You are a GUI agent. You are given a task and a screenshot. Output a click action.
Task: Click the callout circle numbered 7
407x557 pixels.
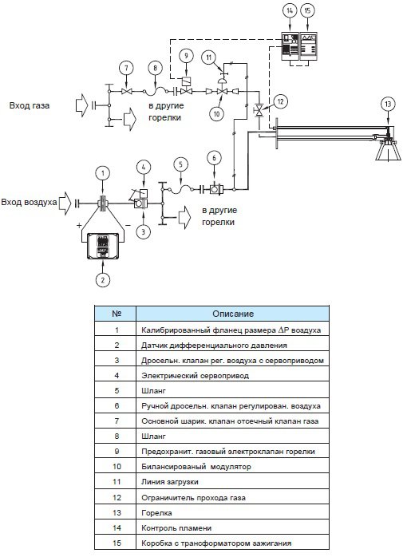126,68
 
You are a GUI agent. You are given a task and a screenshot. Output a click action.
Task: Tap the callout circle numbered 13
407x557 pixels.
388,104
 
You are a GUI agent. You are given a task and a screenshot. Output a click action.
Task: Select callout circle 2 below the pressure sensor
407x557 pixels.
103,279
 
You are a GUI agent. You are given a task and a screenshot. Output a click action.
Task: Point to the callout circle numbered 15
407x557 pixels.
307,10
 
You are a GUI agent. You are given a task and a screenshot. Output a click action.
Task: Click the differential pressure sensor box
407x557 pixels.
103,246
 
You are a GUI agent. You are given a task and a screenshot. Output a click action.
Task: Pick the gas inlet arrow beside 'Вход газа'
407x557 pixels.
81,105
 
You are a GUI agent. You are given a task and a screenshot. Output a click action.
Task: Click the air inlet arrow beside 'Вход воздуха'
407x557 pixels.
65,203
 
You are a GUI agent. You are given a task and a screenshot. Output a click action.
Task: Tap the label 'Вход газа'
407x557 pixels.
30,105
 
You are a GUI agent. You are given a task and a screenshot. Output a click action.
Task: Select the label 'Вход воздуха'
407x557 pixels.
29,202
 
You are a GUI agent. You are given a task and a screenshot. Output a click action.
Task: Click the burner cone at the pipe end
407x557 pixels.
388,150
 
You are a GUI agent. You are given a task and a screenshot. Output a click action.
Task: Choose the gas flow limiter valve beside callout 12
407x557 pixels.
259,110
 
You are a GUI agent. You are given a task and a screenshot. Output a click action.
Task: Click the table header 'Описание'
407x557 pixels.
233,314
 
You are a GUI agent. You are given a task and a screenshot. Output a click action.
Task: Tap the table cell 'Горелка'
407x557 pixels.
156,513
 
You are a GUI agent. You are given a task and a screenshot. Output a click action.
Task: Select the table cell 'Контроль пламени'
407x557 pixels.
176,528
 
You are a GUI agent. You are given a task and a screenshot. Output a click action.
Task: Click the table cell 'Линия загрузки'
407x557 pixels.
170,482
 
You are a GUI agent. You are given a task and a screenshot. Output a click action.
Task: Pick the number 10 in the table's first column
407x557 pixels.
117,466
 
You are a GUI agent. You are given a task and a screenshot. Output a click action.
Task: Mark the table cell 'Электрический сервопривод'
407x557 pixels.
195,376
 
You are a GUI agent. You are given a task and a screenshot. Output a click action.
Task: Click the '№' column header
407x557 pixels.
117,314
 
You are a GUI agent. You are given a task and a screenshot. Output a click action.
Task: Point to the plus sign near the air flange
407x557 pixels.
79,225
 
